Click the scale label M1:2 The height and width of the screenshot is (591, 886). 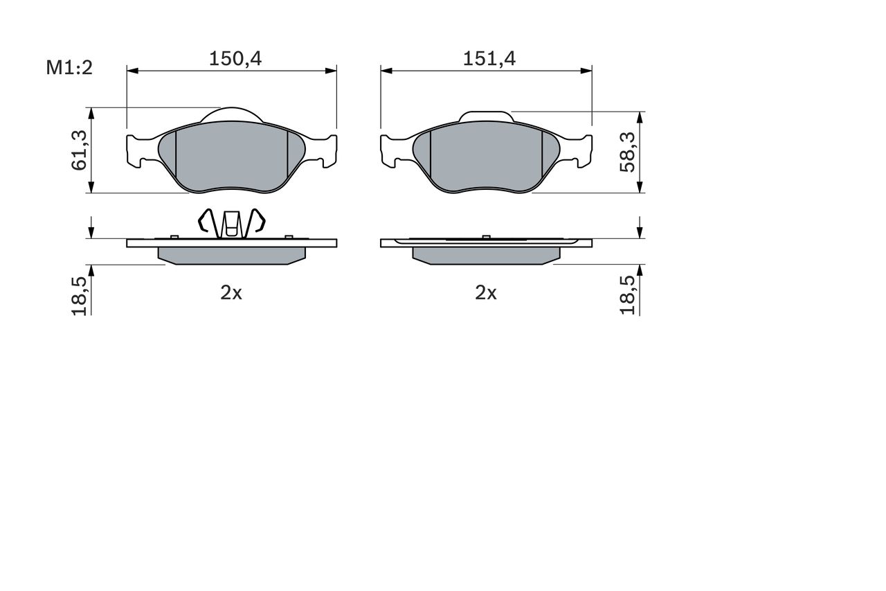click(69, 68)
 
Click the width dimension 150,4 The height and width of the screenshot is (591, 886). click(235, 59)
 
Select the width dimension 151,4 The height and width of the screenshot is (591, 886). click(489, 59)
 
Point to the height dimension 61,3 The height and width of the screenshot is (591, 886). click(79, 150)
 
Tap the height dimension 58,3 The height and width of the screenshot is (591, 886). click(627, 152)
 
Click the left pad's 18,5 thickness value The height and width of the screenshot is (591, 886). click(79, 296)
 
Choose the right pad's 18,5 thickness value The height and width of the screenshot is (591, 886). click(627, 295)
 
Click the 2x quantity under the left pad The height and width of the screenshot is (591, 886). click(231, 293)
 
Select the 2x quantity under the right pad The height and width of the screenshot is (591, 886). click(486, 293)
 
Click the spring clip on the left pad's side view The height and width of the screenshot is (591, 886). click(231, 224)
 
